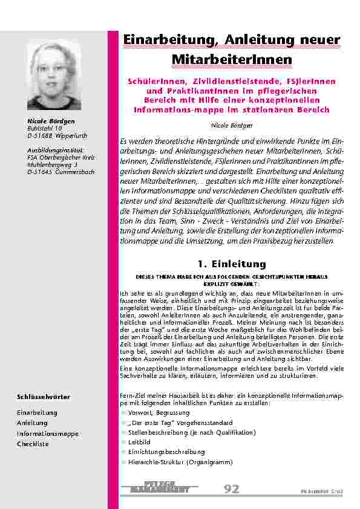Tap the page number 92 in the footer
point(232,489)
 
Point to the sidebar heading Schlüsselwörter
point(44,397)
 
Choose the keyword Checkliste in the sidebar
point(33,444)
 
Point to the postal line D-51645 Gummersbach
point(61,172)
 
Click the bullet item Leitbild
point(140,442)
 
